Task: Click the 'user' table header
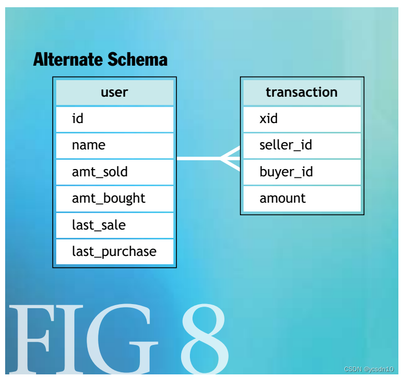[x=114, y=93]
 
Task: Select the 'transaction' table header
[x=301, y=93]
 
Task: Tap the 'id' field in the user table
[x=114, y=119]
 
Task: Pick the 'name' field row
[x=114, y=145]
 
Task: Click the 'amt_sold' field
[x=114, y=172]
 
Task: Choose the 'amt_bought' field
[x=114, y=199]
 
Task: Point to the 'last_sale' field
[x=114, y=225]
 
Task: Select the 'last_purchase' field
[x=114, y=251]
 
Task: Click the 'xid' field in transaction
[x=301, y=119]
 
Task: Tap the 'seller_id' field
[x=301, y=145]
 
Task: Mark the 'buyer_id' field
[x=301, y=172]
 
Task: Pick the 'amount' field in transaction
[x=301, y=199]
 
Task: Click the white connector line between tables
[x=199, y=159]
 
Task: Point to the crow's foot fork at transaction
[x=230, y=159]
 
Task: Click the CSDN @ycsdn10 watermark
[x=368, y=369]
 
